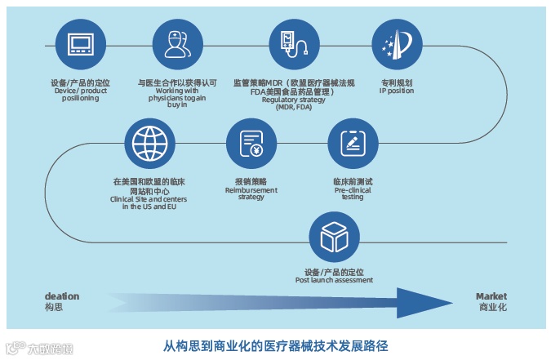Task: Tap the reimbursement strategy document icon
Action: click(x=251, y=144)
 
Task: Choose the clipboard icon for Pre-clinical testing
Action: click(x=353, y=144)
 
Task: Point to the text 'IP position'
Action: click(x=397, y=91)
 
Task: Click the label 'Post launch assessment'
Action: click(x=334, y=280)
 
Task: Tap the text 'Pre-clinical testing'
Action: click(x=353, y=193)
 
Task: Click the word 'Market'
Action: click(x=491, y=296)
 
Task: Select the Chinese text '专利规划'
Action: click(x=397, y=83)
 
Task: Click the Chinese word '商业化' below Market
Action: click(x=491, y=307)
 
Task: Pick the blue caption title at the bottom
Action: click(x=275, y=345)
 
